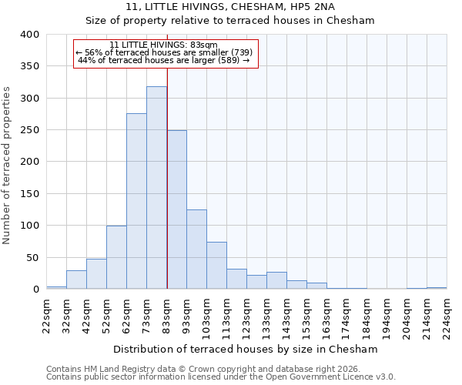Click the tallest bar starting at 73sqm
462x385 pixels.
[156, 188]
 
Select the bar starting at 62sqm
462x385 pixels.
[136, 202]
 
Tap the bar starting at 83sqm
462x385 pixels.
[176, 209]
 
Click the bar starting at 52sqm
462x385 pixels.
[116, 257]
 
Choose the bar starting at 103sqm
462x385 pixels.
[216, 266]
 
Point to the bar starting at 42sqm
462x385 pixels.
[96, 274]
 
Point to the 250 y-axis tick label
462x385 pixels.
[29, 130]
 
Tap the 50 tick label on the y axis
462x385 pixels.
[32, 257]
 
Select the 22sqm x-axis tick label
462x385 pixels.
[47, 314]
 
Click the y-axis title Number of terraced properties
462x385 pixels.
[8, 165]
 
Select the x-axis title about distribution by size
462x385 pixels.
[245, 349]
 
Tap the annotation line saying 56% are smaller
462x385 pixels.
[164, 52]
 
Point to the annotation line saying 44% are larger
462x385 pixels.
[164, 60]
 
